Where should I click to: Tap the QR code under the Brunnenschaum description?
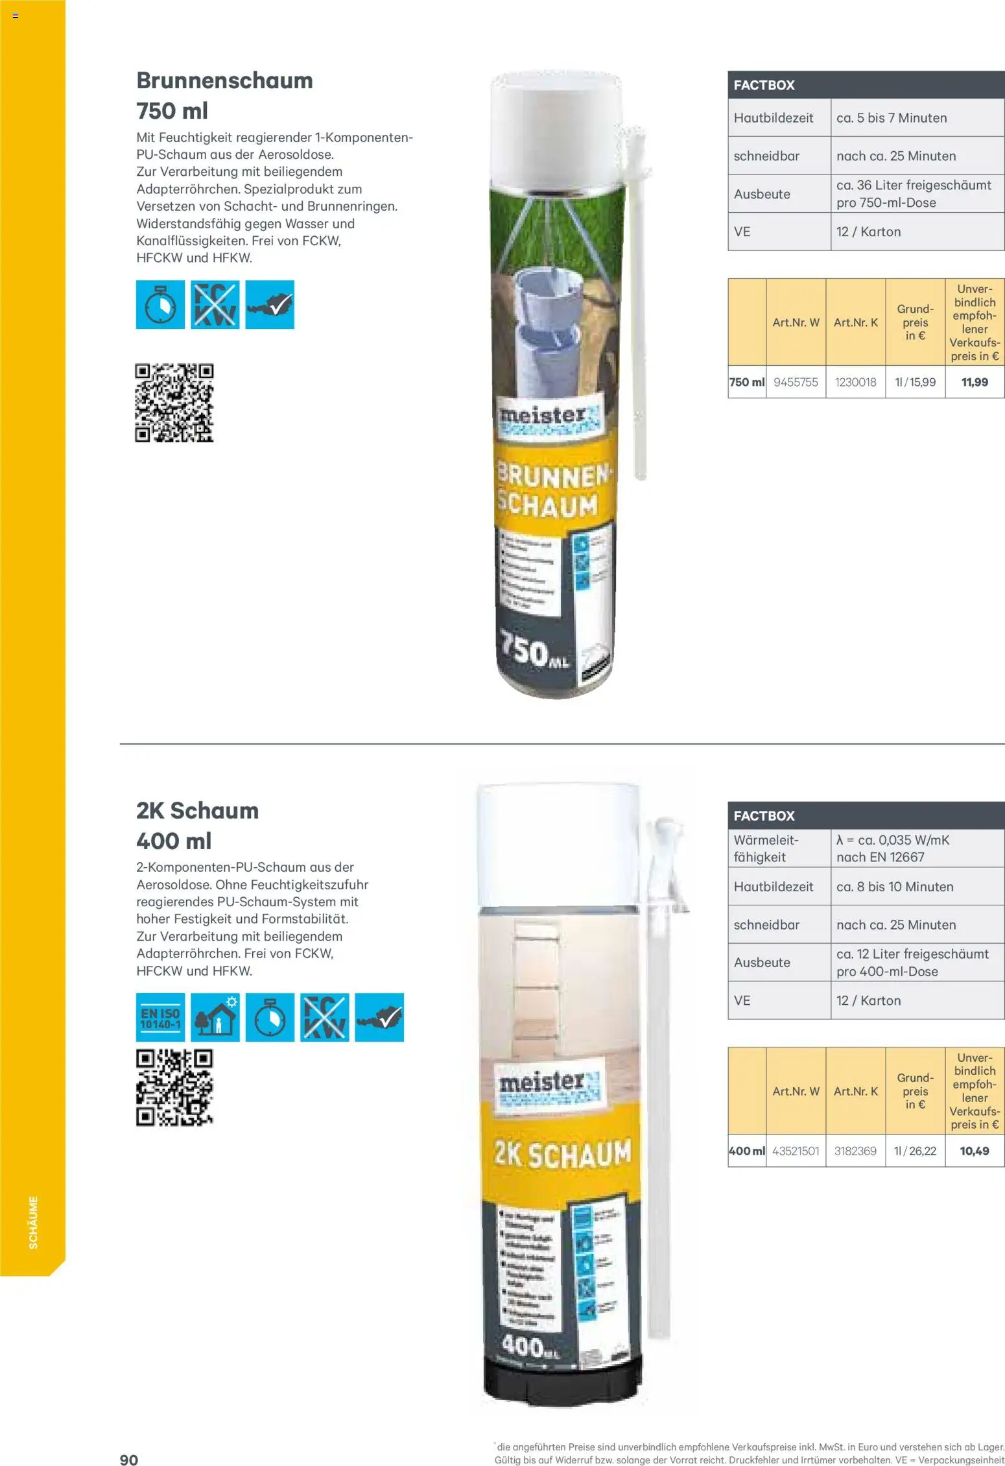pos(174,403)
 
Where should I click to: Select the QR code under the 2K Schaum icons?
pos(174,1088)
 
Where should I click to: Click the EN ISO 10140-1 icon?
pos(160,1017)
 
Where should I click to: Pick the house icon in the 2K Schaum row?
pos(215,1017)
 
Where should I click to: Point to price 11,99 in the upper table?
pos(975,382)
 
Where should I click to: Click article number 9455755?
pos(796,382)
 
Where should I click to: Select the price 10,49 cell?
pos(975,1151)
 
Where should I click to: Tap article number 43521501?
pos(796,1151)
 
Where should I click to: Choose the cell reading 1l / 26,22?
pos(915,1151)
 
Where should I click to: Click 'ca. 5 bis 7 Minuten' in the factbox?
pos(892,118)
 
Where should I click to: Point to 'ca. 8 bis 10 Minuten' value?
pos(895,887)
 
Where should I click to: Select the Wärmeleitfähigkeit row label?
pos(766,848)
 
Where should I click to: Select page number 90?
pos(129,1460)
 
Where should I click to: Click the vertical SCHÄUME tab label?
pos(33,1222)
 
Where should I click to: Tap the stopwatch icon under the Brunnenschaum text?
pos(160,305)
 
